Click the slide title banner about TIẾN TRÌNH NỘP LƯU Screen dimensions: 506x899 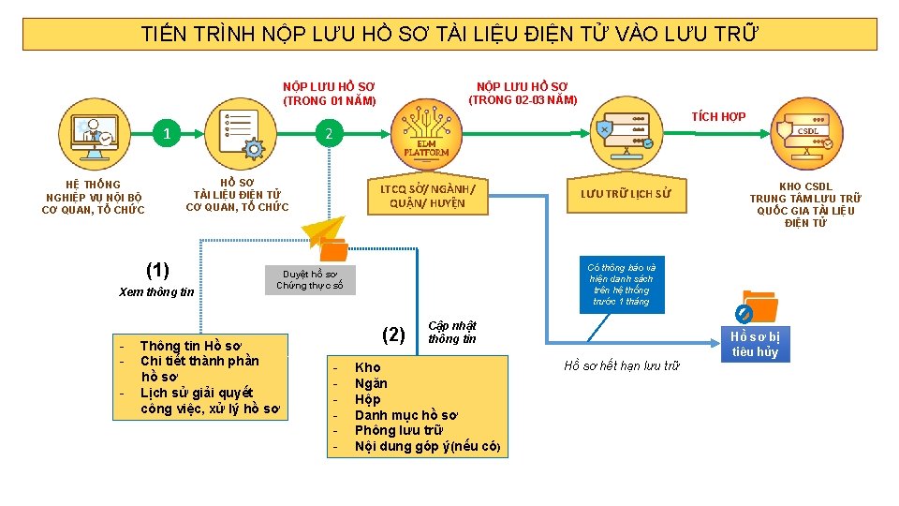tap(449, 35)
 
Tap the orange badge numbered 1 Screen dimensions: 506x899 tap(167, 133)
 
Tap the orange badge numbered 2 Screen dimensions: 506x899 tap(328, 133)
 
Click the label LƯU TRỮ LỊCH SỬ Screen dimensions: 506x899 tap(626, 194)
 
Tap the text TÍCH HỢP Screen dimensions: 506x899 tap(718, 116)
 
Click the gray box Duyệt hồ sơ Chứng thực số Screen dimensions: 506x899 tap(310, 279)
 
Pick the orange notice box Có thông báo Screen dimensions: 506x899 tap(622, 284)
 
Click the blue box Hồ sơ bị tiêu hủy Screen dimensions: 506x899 tap(755, 344)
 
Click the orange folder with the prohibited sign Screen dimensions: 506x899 tap(757, 306)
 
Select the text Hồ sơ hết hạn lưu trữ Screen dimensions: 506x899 tap(621, 365)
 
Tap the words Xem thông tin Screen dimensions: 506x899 tap(156, 291)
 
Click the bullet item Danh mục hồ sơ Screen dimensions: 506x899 tap(406, 414)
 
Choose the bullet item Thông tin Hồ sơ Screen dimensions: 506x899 tap(190, 346)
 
